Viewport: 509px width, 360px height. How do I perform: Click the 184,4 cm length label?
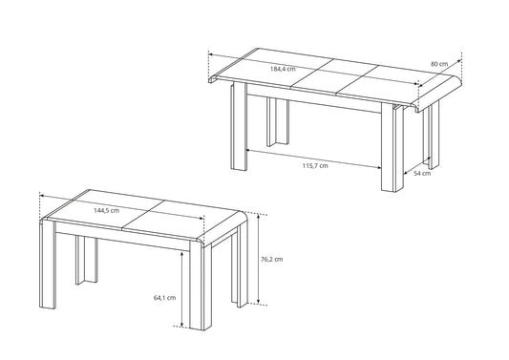(x=283, y=69)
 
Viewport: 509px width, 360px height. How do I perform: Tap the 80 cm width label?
(x=439, y=64)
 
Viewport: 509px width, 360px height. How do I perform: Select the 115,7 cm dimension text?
(x=315, y=166)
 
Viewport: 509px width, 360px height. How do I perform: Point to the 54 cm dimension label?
(x=422, y=174)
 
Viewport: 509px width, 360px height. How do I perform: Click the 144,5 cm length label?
(x=106, y=210)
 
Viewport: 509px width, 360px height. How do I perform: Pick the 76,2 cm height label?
(x=272, y=259)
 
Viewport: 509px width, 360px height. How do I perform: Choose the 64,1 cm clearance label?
(x=164, y=297)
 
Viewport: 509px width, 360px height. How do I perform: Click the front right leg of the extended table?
(x=392, y=148)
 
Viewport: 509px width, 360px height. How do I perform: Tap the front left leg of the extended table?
(x=240, y=126)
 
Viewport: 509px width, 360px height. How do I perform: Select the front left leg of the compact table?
(x=48, y=265)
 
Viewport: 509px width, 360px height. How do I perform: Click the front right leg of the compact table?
(x=201, y=286)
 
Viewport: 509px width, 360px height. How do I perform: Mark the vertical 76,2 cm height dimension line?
(x=258, y=259)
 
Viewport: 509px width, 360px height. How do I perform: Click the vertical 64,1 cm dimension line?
(x=182, y=289)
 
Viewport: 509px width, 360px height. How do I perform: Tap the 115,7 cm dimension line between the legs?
(x=314, y=159)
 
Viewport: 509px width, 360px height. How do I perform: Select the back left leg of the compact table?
(x=87, y=260)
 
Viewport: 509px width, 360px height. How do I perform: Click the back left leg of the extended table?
(x=278, y=122)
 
